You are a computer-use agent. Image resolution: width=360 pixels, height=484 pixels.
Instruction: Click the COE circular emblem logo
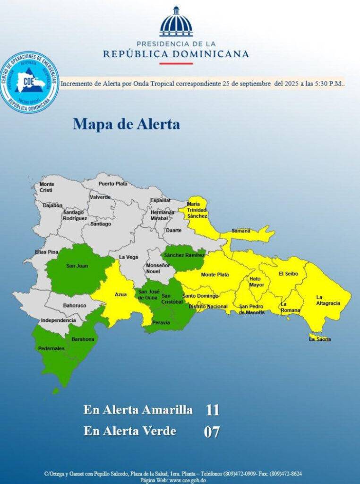(x=30, y=82)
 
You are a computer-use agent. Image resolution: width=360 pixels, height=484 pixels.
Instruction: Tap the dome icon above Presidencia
(x=176, y=22)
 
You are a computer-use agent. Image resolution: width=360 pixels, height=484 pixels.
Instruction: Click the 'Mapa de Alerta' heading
(x=126, y=124)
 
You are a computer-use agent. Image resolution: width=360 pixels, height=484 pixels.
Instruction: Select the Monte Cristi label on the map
(x=46, y=187)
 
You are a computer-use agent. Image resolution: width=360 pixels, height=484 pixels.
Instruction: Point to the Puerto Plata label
(x=113, y=183)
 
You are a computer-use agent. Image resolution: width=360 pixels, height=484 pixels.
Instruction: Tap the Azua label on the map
(x=120, y=294)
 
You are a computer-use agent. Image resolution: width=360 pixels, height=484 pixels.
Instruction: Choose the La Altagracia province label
(x=328, y=300)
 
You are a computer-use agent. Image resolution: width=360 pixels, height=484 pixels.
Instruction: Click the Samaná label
(x=241, y=231)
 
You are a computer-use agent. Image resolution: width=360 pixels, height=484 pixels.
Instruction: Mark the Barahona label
(x=83, y=339)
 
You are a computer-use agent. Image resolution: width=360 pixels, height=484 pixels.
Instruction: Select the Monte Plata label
(x=215, y=274)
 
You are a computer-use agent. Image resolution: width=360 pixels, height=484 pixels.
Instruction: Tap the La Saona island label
(x=320, y=339)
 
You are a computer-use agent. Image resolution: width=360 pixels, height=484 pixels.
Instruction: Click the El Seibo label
(x=287, y=273)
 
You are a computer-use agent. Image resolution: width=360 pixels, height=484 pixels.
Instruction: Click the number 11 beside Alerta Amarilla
(x=213, y=410)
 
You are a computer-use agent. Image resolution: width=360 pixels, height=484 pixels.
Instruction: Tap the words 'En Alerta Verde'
(x=130, y=431)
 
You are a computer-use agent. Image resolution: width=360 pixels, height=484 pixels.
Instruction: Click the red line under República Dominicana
(x=176, y=63)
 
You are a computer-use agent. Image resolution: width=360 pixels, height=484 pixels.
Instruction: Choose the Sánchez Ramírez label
(x=184, y=255)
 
